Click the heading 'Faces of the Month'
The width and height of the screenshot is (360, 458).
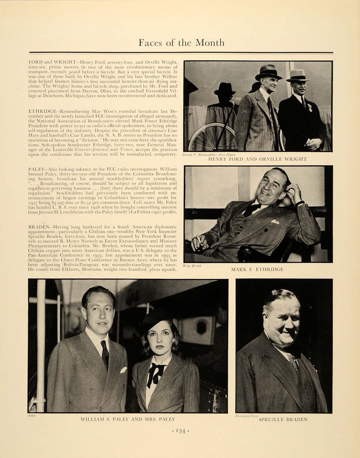181,43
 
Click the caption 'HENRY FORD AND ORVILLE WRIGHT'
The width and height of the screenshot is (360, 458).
257,159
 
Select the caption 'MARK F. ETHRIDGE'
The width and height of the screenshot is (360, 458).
257,269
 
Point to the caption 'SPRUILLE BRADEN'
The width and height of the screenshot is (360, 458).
283,419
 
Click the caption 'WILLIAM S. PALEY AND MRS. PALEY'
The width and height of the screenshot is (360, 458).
128,419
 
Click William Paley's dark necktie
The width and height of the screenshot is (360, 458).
105,353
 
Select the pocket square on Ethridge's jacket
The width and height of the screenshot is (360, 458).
275,222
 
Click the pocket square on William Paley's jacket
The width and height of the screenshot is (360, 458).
123,369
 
